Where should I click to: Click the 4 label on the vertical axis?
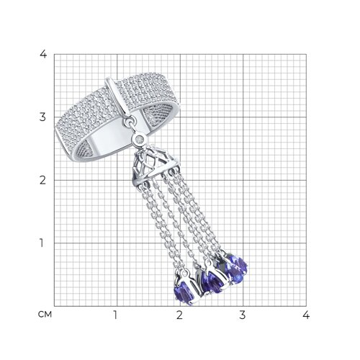[43, 55]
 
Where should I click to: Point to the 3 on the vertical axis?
[42, 117]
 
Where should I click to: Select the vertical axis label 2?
[42, 180]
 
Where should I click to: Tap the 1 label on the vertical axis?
[42, 243]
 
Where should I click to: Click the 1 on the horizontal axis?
[115, 315]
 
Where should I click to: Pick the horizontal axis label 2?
[179, 315]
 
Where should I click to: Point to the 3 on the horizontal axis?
[243, 315]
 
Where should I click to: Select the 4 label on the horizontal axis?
[306, 315]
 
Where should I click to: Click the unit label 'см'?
[45, 315]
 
